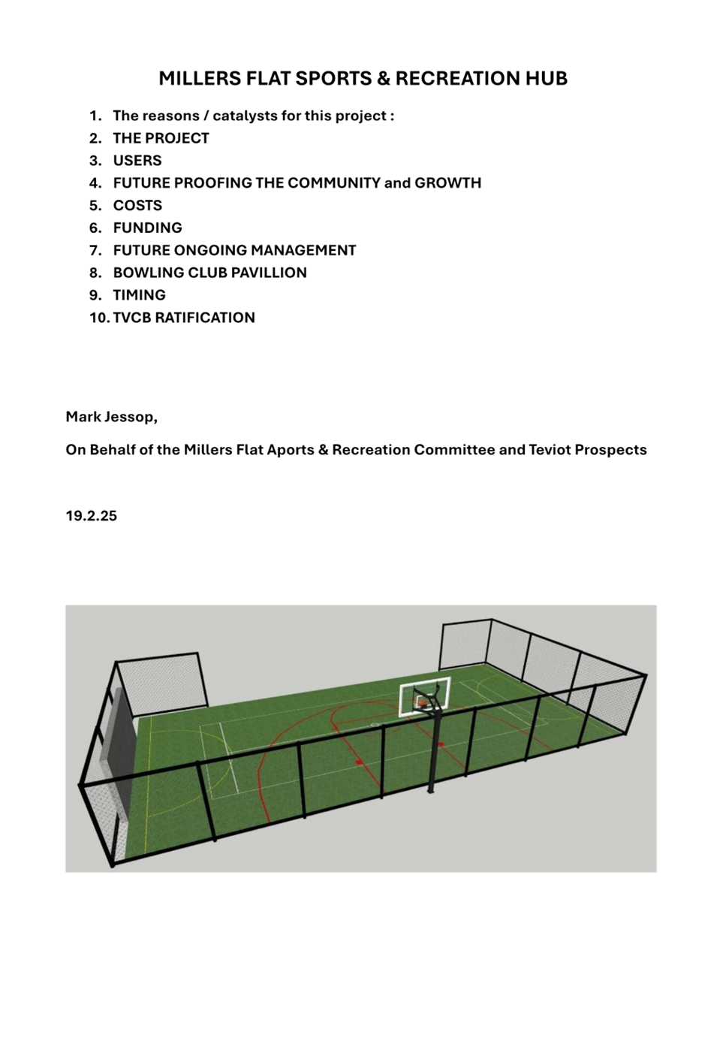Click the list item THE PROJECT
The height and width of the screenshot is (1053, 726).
pyautogui.click(x=161, y=138)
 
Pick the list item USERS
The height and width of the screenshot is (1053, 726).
pyautogui.click(x=137, y=161)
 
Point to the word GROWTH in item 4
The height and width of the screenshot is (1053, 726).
pyautogui.click(x=447, y=183)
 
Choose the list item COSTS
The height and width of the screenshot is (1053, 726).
pyautogui.click(x=137, y=206)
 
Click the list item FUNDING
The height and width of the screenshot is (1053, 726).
pyautogui.click(x=148, y=228)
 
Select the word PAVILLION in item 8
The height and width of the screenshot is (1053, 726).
pyautogui.click(x=270, y=273)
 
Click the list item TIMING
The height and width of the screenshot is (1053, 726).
pyautogui.click(x=139, y=294)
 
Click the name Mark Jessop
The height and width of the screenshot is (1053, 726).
pyautogui.click(x=111, y=417)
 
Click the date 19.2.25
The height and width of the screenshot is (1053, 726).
pyautogui.click(x=91, y=516)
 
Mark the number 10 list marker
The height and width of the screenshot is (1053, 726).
pyautogui.click(x=100, y=318)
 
